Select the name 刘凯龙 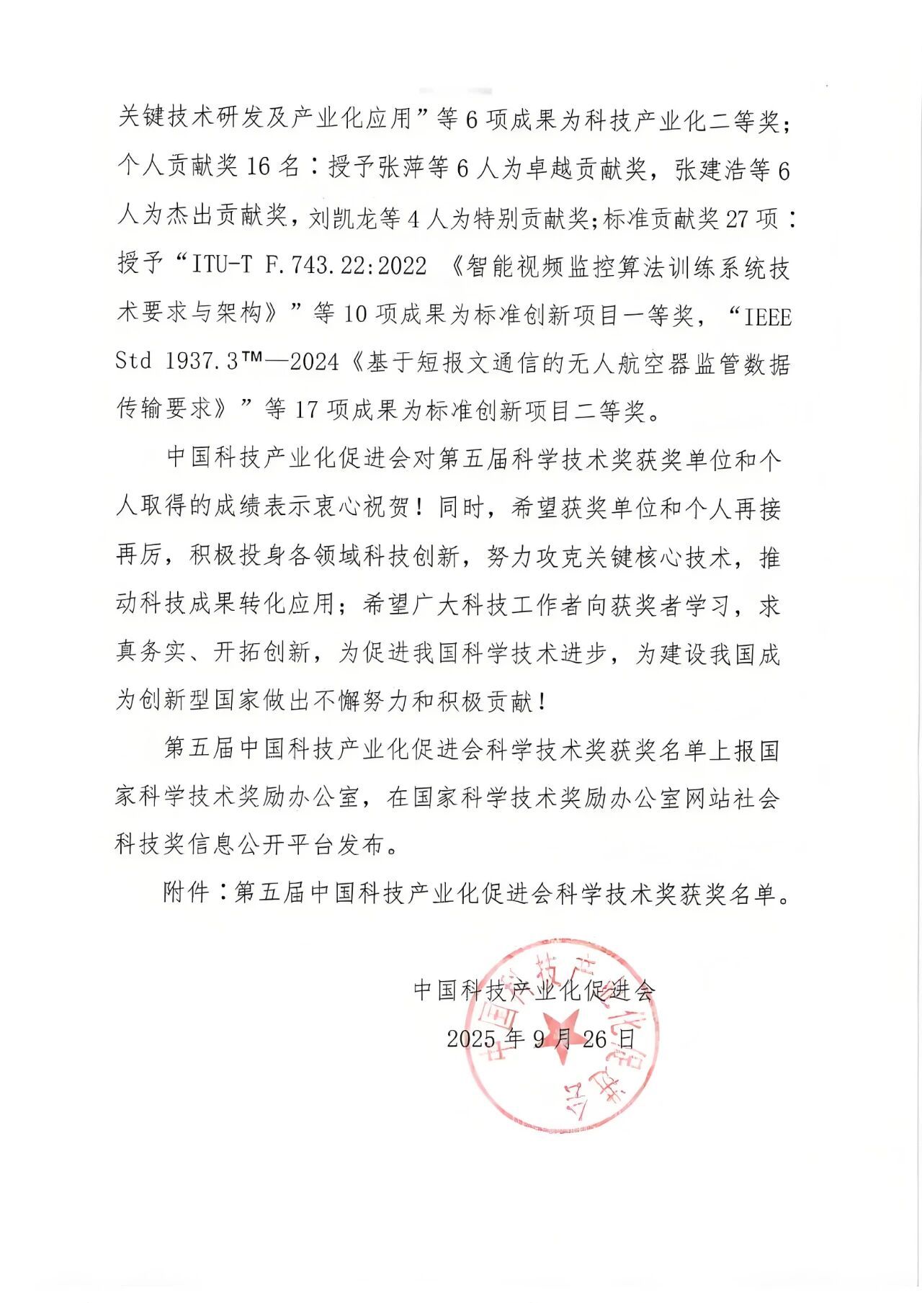click(344, 218)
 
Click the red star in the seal click(560, 1036)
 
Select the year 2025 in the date click(470, 1039)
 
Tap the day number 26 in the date click(594, 1039)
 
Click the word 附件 click(186, 893)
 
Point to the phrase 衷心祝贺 click(364, 508)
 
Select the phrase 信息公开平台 click(262, 846)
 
